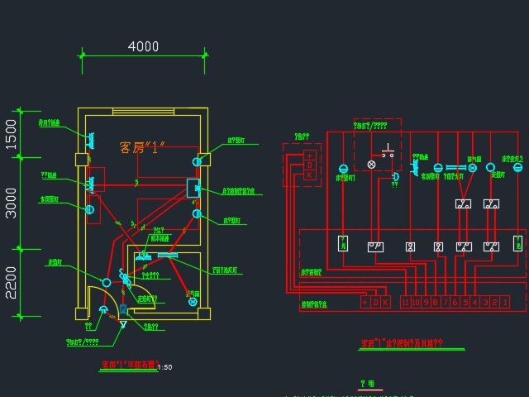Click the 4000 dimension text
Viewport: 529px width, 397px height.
[x=143, y=46]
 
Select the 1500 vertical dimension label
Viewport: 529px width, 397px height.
[x=11, y=133]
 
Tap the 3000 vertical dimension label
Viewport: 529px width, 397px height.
[x=11, y=202]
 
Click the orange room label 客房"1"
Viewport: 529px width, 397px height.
[x=143, y=147]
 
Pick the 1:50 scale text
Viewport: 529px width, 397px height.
[x=164, y=367]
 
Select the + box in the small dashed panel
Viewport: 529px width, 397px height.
[x=310, y=155]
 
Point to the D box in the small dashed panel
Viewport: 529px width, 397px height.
[x=310, y=165]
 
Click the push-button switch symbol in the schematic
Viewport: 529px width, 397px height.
[x=388, y=151]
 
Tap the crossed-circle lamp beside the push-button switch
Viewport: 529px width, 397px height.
[x=371, y=165]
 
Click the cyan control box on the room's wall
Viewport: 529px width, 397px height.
[x=193, y=188]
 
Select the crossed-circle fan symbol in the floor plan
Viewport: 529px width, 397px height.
[x=193, y=302]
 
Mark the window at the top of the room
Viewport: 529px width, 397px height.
[x=143, y=111]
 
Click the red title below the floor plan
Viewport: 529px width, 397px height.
[x=128, y=365]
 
